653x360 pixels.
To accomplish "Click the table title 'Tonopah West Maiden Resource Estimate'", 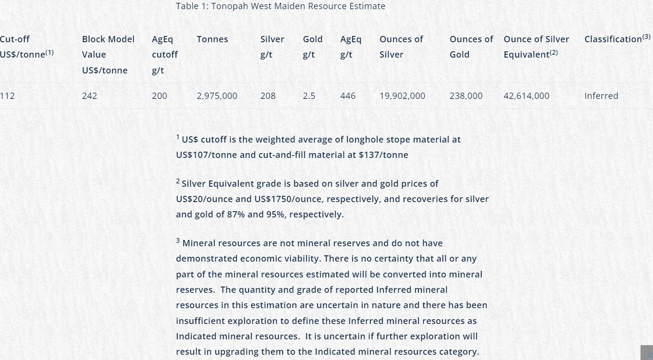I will click(280, 6).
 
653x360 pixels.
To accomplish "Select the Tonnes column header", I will click(212, 39).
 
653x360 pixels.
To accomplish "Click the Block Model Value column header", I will click(108, 54).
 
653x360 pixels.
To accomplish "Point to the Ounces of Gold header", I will click(471, 47).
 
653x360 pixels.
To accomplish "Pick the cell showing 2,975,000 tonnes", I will click(217, 96).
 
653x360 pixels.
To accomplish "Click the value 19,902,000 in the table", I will click(402, 96).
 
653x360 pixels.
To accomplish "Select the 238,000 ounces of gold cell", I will click(466, 96).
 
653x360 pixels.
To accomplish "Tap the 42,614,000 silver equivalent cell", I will click(526, 96).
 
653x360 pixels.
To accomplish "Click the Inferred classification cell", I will click(601, 96).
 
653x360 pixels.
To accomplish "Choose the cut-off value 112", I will click(7, 96).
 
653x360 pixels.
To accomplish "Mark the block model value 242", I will click(89, 96).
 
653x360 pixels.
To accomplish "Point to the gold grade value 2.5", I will click(309, 96).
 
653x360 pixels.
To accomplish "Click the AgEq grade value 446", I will click(348, 96).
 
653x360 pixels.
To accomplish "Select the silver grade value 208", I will click(268, 96).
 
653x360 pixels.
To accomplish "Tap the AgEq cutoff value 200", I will click(159, 96).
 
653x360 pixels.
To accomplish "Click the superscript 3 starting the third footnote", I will click(178, 241).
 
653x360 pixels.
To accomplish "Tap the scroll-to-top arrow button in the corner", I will click(647, 353).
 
